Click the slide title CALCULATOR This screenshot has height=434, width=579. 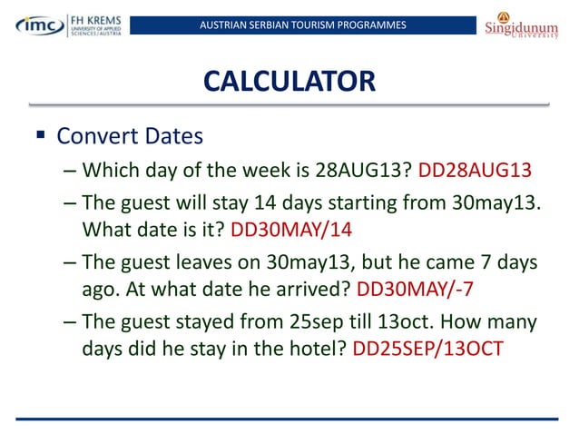pyautogui.click(x=289, y=82)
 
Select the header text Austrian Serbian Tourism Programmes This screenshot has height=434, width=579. pyautogui.click(x=304, y=24)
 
